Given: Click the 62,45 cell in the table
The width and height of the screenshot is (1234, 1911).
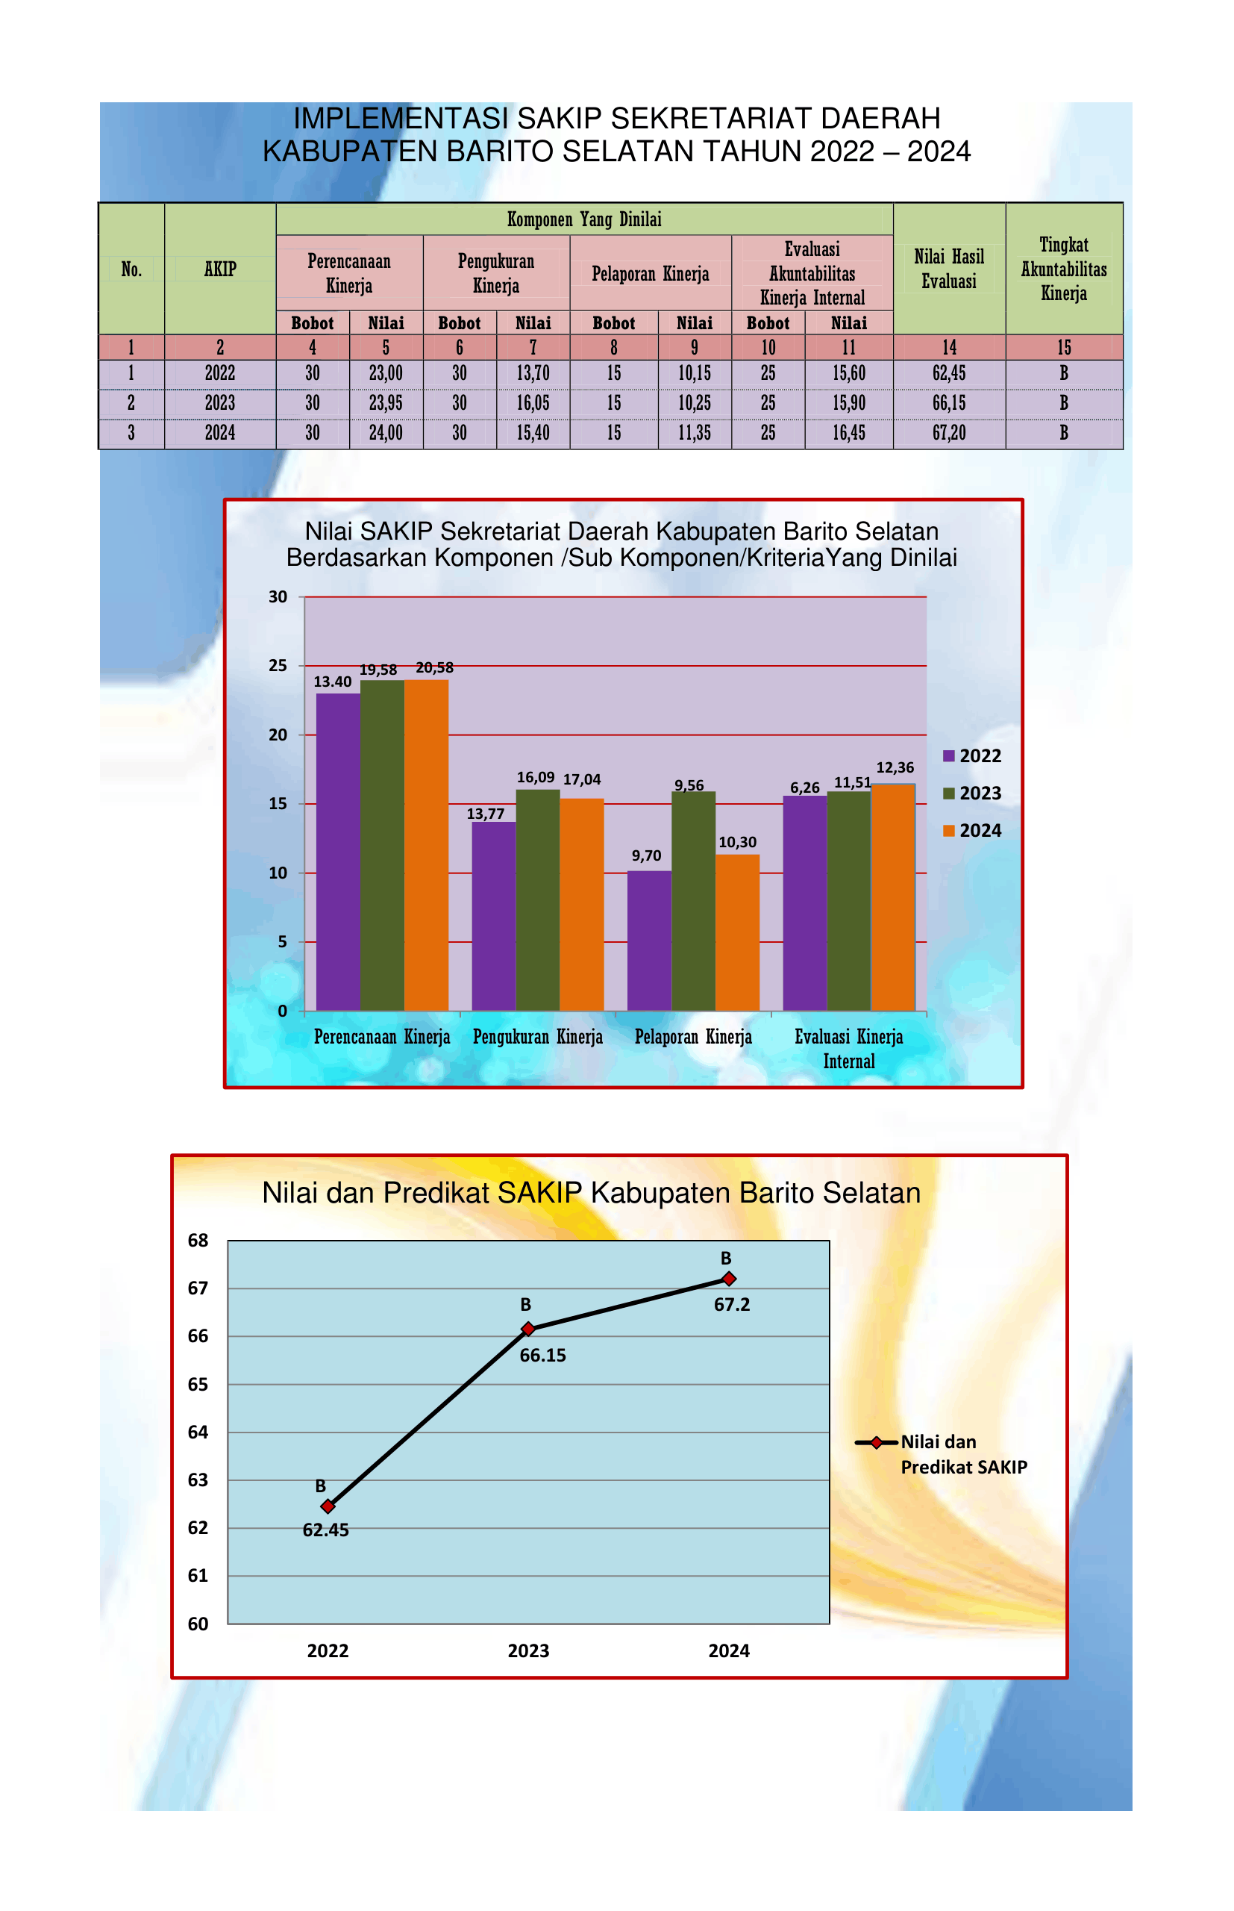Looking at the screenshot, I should [949, 373].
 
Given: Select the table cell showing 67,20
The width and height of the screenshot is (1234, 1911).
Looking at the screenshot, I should [949, 434].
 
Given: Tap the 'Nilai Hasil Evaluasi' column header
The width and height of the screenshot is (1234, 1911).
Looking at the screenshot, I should [949, 269].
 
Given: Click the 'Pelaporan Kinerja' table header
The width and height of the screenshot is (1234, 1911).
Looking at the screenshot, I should [650, 274].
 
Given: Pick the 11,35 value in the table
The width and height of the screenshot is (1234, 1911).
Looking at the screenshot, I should [694, 434].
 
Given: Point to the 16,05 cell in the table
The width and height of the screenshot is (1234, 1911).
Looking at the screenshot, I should [533, 403].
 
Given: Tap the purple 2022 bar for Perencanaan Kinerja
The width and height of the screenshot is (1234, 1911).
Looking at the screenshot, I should [338, 851].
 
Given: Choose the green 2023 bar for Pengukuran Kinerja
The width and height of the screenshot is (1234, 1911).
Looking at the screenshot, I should [538, 900].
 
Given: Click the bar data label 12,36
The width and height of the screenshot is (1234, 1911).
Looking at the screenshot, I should [895, 768].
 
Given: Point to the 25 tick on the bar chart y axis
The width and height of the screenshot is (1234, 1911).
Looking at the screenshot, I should [278, 665].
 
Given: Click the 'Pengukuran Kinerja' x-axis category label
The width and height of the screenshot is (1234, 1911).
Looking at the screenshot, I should [538, 1038].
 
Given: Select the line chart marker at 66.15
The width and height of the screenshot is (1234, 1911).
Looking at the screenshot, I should [528, 1329].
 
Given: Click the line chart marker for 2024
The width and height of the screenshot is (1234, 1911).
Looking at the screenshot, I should [728, 1279].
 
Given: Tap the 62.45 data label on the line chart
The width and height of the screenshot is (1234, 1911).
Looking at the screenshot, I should [325, 1530].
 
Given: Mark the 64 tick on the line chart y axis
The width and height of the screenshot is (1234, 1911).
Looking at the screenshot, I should [198, 1433].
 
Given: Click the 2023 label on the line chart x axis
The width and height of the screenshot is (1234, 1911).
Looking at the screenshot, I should [528, 1651].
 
